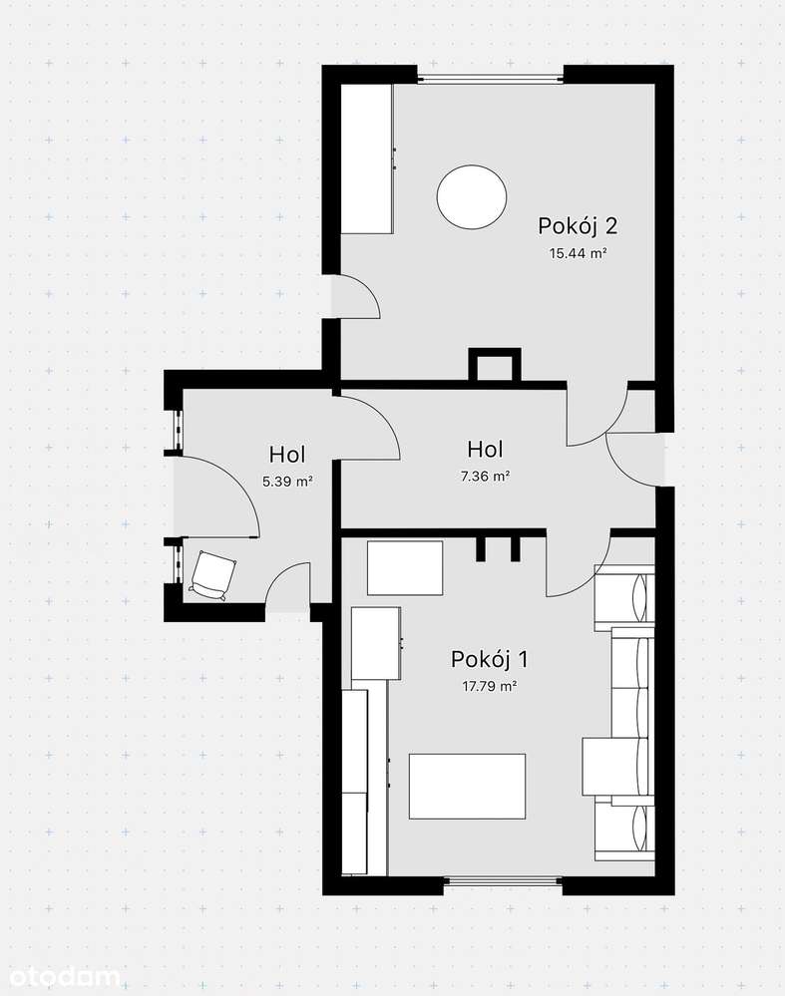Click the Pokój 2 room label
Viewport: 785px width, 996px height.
tap(578, 225)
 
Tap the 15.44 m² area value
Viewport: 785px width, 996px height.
tap(578, 253)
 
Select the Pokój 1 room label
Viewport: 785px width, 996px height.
tap(490, 659)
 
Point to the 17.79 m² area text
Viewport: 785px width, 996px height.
tap(490, 686)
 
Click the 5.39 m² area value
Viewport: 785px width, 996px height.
tap(287, 482)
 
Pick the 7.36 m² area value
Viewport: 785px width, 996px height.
tap(486, 476)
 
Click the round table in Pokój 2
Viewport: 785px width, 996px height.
tap(472, 197)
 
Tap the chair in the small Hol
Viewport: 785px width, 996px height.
tap(212, 575)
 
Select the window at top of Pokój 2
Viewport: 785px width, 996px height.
tap(490, 79)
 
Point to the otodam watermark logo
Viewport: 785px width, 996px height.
tap(61, 976)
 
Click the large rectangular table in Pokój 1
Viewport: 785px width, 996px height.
tap(467, 787)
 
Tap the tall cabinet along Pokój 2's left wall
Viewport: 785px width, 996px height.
tap(367, 159)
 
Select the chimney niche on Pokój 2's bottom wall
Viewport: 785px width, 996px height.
tap(495, 365)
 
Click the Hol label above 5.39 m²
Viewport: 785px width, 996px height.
tap(287, 455)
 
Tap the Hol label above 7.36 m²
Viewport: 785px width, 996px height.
tap(486, 449)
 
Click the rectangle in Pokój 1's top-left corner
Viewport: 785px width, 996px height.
tap(405, 568)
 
